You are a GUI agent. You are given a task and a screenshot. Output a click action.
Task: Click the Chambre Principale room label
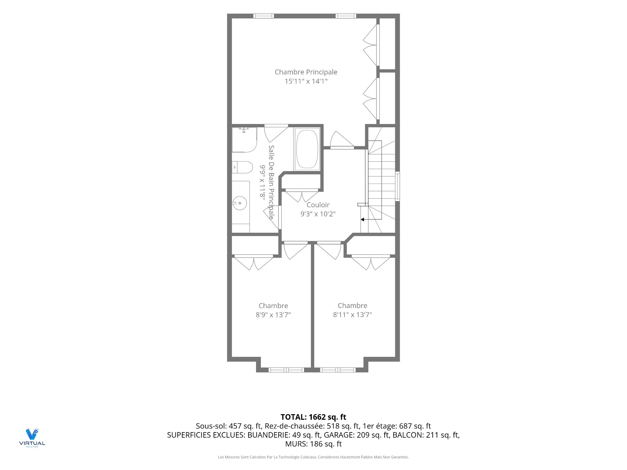306,72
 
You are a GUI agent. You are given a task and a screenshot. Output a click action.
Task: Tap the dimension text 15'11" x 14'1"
306,81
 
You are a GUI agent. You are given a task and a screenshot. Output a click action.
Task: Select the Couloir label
318,205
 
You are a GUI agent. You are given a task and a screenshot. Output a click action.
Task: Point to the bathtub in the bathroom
307,149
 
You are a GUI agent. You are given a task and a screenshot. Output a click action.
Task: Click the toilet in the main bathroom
242,167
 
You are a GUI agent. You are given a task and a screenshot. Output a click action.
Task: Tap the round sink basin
240,203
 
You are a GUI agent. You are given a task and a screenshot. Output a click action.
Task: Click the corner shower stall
244,140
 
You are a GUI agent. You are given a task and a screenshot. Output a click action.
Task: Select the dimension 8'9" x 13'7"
273,315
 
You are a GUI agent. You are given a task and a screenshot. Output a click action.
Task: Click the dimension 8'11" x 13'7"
352,315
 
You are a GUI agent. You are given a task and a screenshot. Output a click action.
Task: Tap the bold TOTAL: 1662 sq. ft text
313,417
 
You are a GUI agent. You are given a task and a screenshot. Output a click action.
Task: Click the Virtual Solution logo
32,438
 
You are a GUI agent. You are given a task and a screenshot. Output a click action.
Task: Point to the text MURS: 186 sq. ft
313,444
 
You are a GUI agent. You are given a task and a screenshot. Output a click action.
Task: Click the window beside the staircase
397,186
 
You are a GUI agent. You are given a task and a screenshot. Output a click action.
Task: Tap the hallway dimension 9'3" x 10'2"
318,214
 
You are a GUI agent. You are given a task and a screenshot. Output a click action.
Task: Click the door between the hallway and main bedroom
342,140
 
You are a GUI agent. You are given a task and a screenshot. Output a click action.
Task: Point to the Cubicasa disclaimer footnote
313,457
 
